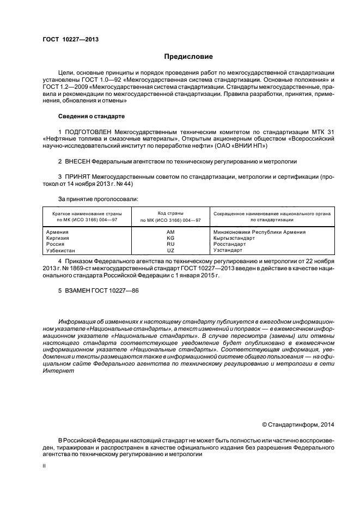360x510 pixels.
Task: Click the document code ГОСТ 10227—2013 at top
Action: [70, 39]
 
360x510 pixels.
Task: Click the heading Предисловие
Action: [188, 57]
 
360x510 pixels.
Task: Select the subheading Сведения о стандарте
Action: [91, 117]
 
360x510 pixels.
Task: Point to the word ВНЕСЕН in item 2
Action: [76, 162]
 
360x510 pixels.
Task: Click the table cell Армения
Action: [58, 232]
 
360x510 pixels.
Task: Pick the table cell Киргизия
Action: [59, 238]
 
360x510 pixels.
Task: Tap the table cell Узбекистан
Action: [62, 250]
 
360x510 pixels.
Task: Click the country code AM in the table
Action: [170, 232]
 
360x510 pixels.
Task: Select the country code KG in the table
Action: [170, 238]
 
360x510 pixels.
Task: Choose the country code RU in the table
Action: [170, 244]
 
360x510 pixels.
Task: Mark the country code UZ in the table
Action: [170, 250]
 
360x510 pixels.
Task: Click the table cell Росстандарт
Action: [230, 244]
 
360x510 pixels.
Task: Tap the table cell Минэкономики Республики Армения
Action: [260, 232]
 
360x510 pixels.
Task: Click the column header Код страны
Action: [170, 213]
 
